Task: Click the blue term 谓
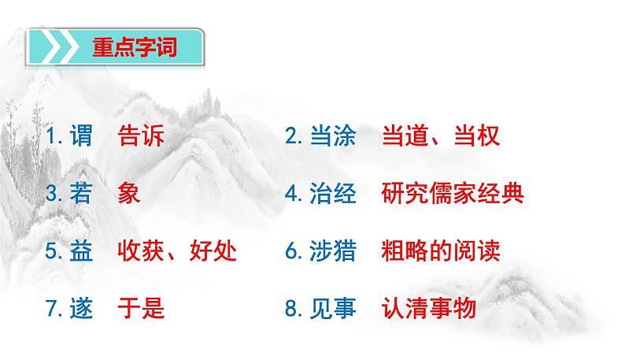81,136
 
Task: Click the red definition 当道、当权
440,136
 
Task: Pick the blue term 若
81,194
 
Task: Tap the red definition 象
128,194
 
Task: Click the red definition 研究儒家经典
452,194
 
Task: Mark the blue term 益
81,251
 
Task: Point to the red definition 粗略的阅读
440,251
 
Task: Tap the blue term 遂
81,309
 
